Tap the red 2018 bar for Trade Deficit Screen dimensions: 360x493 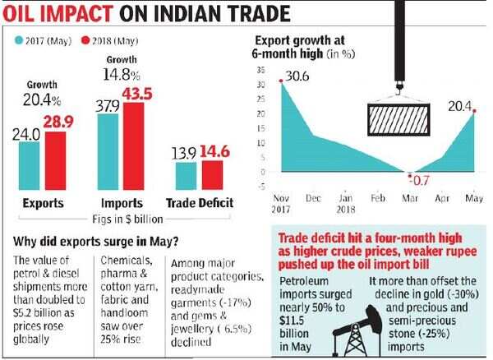pos(211,173)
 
